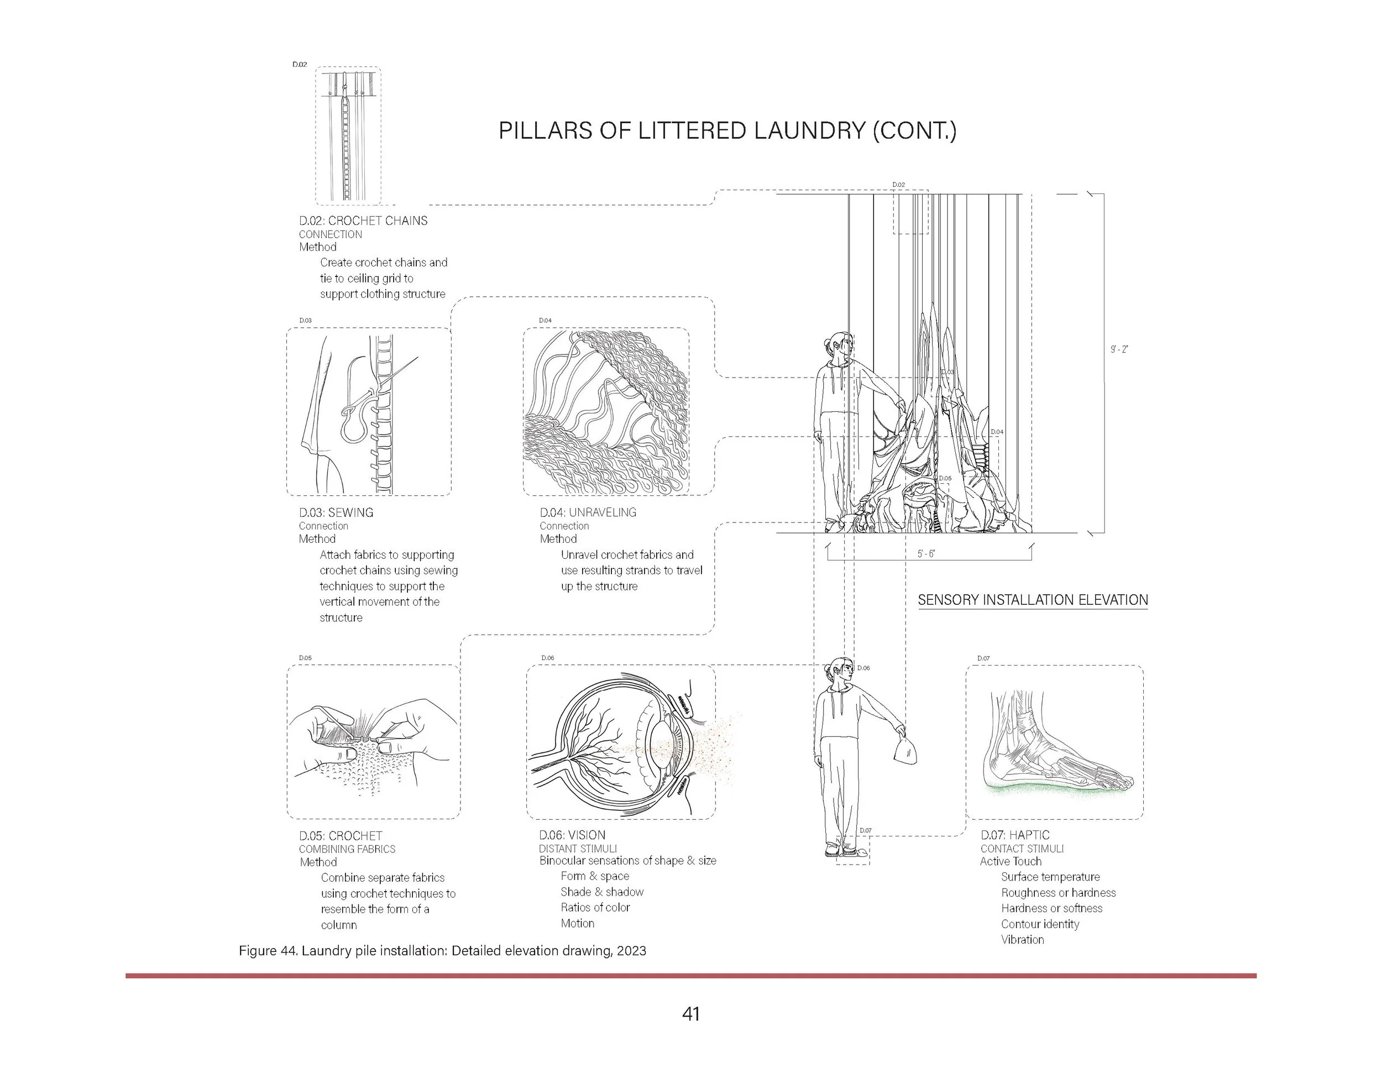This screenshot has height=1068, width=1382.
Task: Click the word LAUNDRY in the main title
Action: pos(800,131)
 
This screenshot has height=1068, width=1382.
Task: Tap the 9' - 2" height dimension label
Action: pos(1119,349)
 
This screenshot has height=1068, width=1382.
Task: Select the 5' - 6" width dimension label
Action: pos(926,553)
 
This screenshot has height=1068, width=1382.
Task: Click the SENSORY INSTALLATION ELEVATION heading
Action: pos(1032,600)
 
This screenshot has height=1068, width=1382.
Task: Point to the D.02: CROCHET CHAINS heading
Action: pos(363,221)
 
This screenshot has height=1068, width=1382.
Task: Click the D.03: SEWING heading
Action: pos(336,512)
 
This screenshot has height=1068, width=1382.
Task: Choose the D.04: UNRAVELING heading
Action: pos(588,512)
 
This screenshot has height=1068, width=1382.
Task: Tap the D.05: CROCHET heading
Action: pos(341,836)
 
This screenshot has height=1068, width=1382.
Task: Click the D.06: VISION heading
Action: pos(572,835)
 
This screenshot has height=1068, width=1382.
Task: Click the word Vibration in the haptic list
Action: pos(1023,940)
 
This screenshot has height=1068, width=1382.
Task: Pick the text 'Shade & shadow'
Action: pos(602,892)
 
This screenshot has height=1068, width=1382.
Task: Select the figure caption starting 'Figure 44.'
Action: pos(442,951)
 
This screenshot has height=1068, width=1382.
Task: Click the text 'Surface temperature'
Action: pos(1050,877)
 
